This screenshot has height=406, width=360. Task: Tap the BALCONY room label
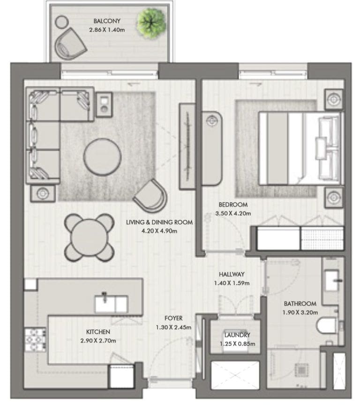[x=107, y=21]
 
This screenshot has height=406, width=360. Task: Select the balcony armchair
[x=69, y=44]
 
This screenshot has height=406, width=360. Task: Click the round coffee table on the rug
[x=102, y=156]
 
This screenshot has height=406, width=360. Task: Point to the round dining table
[x=89, y=237]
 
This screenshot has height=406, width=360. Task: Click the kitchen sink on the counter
[x=111, y=303]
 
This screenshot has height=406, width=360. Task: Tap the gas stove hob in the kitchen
[x=35, y=340]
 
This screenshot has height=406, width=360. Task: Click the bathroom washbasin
[x=332, y=280]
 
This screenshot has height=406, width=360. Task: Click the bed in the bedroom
[x=301, y=148]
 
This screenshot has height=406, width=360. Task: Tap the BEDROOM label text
[x=233, y=205]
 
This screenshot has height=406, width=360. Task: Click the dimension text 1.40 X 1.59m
[x=232, y=283]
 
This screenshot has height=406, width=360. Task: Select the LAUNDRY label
[x=237, y=335]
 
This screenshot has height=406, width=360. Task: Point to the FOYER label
[x=173, y=318]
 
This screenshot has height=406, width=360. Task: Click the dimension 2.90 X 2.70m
[x=98, y=341]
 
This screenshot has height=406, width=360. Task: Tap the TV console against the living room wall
[x=187, y=146]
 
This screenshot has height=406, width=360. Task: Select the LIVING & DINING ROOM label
[x=159, y=222]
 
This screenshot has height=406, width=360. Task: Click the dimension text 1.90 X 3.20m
[x=300, y=312]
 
